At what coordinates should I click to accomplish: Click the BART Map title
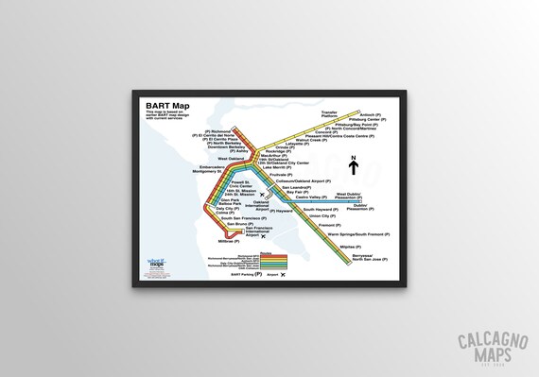(x=165, y=104)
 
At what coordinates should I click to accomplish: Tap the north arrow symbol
(x=353, y=165)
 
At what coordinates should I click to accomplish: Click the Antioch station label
(x=372, y=114)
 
